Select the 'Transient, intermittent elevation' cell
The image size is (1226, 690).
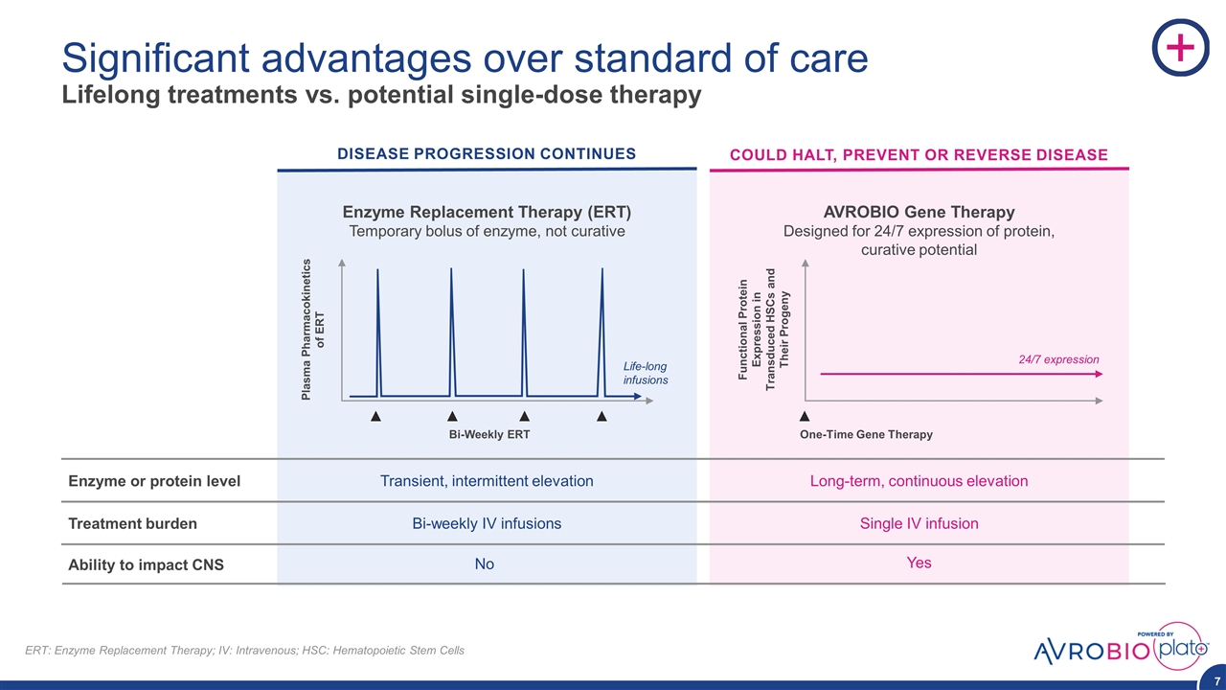[487, 481]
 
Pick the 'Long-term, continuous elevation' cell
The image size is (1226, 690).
[919, 481]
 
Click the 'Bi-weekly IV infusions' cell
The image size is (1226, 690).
[487, 524]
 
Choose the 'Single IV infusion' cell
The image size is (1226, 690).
[919, 524]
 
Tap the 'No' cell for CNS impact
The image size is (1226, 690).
[485, 564]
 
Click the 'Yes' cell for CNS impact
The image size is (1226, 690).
[919, 563]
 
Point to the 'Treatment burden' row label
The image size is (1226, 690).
[132, 524]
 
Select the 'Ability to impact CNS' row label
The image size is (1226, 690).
[146, 565]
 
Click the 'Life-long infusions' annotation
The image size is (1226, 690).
[645, 373]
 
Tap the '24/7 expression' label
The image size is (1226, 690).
[1057, 359]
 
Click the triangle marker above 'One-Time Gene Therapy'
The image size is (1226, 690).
[805, 417]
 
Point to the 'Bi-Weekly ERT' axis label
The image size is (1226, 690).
[490, 435]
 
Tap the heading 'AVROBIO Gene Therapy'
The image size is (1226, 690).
[919, 212]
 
